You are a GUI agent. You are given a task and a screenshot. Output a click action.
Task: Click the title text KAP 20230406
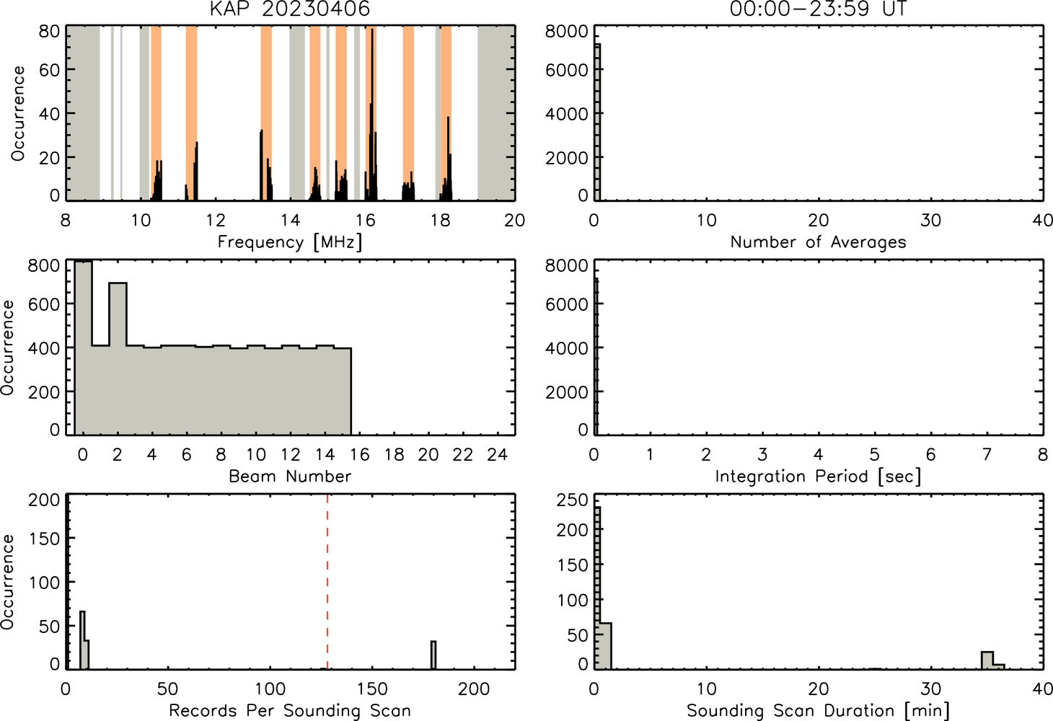pyautogui.click(x=290, y=9)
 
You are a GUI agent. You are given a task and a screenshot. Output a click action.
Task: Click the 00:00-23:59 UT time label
pyautogui.click(x=818, y=9)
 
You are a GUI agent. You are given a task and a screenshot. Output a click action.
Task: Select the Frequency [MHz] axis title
pyautogui.click(x=290, y=242)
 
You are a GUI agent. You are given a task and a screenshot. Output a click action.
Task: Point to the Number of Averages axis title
pyautogui.click(x=818, y=242)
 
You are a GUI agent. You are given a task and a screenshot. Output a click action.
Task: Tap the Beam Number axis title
pyautogui.click(x=290, y=476)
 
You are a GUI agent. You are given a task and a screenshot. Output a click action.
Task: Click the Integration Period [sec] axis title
pyautogui.click(x=818, y=477)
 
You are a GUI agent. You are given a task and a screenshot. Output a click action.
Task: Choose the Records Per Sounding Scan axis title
pyautogui.click(x=290, y=710)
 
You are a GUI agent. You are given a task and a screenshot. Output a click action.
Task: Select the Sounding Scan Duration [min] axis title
pyautogui.click(x=818, y=710)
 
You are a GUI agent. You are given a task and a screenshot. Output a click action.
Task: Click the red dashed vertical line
pyautogui.click(x=327, y=581)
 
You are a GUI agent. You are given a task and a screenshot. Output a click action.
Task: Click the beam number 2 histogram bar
pyautogui.click(x=118, y=358)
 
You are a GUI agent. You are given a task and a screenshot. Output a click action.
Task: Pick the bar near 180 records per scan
pyautogui.click(x=433, y=655)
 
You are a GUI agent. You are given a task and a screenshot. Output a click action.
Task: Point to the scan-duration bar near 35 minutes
pyautogui.click(x=987, y=660)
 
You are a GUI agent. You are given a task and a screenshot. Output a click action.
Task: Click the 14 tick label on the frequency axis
pyautogui.click(x=290, y=220)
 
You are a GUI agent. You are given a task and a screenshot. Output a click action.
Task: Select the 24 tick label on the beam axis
pyautogui.click(x=497, y=454)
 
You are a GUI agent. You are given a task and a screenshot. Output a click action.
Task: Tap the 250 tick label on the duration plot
pyautogui.click(x=572, y=500)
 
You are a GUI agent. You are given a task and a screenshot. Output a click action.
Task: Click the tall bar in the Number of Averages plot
pyautogui.click(x=597, y=122)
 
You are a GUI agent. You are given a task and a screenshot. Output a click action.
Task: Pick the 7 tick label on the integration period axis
pyautogui.click(x=987, y=454)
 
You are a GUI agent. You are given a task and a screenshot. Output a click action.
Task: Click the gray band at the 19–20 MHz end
pyautogui.click(x=496, y=112)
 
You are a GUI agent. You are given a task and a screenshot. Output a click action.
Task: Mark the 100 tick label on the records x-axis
pyautogui.click(x=270, y=689)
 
